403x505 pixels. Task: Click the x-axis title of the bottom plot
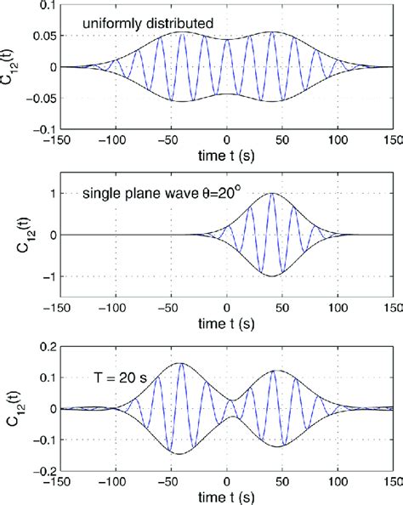click(226, 496)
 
